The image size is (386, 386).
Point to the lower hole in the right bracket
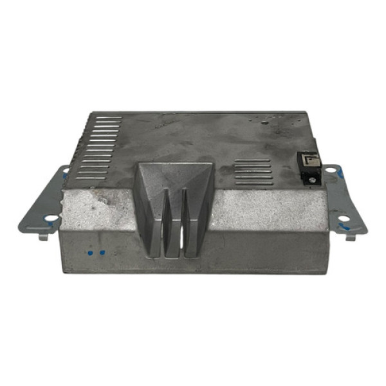point(344,218)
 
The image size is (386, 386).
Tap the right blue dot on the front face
point(101,253)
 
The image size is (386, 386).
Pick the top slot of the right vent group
point(252,160)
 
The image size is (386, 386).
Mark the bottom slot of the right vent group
point(252,183)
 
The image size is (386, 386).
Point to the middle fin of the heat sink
point(174,222)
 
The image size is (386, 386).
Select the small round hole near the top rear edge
point(263,120)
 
